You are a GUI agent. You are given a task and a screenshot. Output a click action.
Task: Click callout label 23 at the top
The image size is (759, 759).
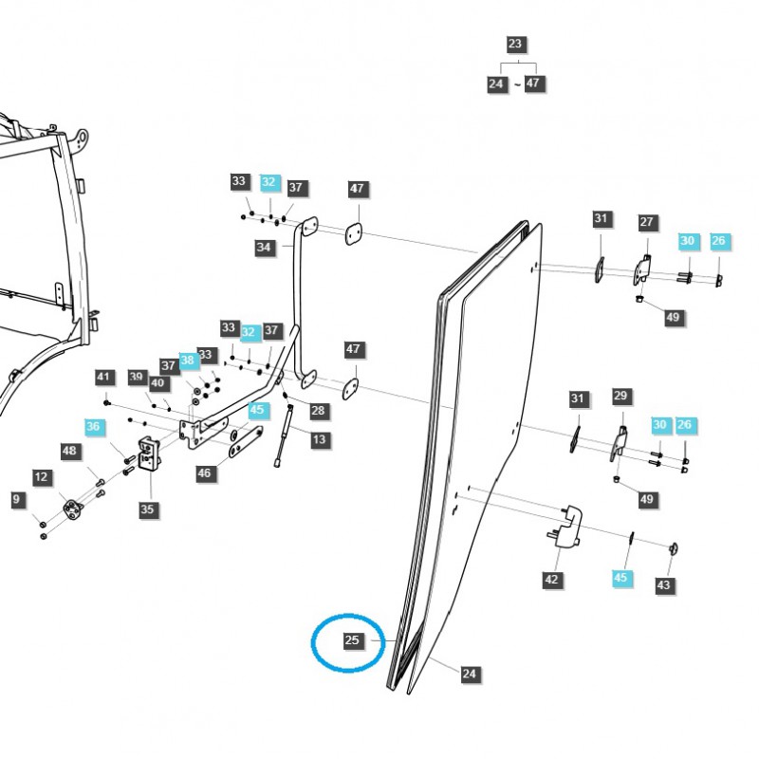tap(515, 45)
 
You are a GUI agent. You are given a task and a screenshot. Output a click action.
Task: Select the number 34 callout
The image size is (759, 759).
tap(264, 248)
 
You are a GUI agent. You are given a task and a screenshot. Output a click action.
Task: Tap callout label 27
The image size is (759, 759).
tap(646, 223)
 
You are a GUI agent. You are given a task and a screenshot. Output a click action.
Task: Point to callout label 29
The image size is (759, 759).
tap(621, 395)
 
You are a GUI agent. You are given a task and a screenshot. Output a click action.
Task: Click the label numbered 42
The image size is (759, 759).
tap(552, 580)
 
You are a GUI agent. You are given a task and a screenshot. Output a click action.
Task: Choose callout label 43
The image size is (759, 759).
tap(663, 585)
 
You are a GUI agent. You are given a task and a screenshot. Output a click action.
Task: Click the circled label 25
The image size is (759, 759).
tap(352, 641)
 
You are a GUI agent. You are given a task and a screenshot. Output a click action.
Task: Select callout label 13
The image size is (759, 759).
tap(320, 439)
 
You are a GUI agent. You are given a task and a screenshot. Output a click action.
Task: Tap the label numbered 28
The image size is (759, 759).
tap(318, 411)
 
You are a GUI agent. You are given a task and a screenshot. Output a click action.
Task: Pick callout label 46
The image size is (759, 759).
tap(205, 472)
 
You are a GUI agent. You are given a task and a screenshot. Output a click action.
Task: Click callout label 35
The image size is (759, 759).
tap(147, 509)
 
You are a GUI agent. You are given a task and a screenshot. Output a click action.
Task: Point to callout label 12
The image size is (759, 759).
tap(41, 476)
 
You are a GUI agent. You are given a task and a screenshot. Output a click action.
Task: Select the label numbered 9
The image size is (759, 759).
tap(16, 498)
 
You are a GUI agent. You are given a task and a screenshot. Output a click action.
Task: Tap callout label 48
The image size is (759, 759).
tap(69, 452)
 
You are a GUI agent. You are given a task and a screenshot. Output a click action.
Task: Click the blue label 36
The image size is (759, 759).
tap(92, 427)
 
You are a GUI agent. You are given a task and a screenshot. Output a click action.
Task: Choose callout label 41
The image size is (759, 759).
tap(103, 378)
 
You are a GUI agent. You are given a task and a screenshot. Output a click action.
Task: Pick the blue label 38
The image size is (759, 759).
tap(188, 361)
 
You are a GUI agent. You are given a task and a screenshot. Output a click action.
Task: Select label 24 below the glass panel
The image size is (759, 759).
tap(470, 674)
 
